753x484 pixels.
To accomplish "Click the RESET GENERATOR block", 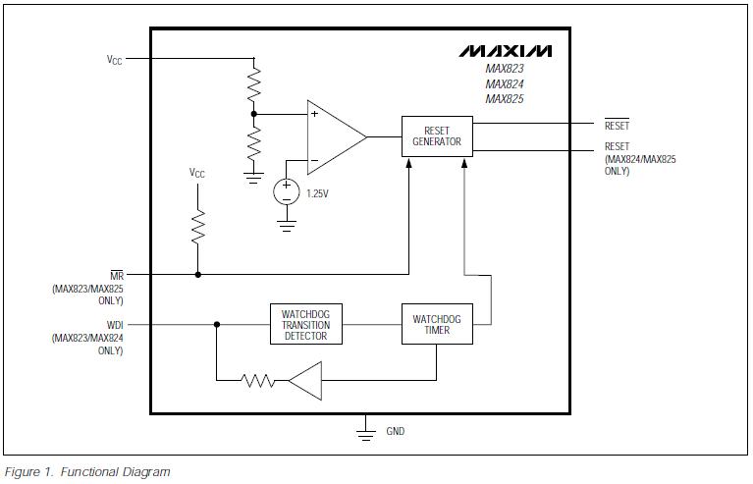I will tap(437, 136).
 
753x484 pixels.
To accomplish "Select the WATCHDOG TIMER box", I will tap(437, 325).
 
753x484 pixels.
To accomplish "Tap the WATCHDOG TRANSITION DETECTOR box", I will tap(305, 325).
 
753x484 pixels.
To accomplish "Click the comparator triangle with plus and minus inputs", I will tap(332, 136).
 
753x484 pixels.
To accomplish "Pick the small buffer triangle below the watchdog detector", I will tap(307, 380).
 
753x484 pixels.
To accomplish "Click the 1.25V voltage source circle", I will tap(287, 190).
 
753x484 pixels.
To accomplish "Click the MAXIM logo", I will tap(505, 50).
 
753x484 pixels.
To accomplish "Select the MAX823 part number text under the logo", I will tap(505, 70).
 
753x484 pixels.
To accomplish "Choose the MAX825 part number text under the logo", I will tap(505, 98).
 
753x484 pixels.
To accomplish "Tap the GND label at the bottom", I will tap(395, 431).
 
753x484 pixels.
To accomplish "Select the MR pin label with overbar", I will tap(116, 276).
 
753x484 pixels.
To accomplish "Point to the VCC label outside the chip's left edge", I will tap(115, 59).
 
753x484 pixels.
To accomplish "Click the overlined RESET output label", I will tap(617, 126).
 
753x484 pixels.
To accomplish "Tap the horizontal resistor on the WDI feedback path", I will tap(257, 380).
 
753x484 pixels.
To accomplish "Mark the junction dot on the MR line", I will tap(198, 275).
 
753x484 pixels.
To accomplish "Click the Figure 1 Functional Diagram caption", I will tap(87, 472).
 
